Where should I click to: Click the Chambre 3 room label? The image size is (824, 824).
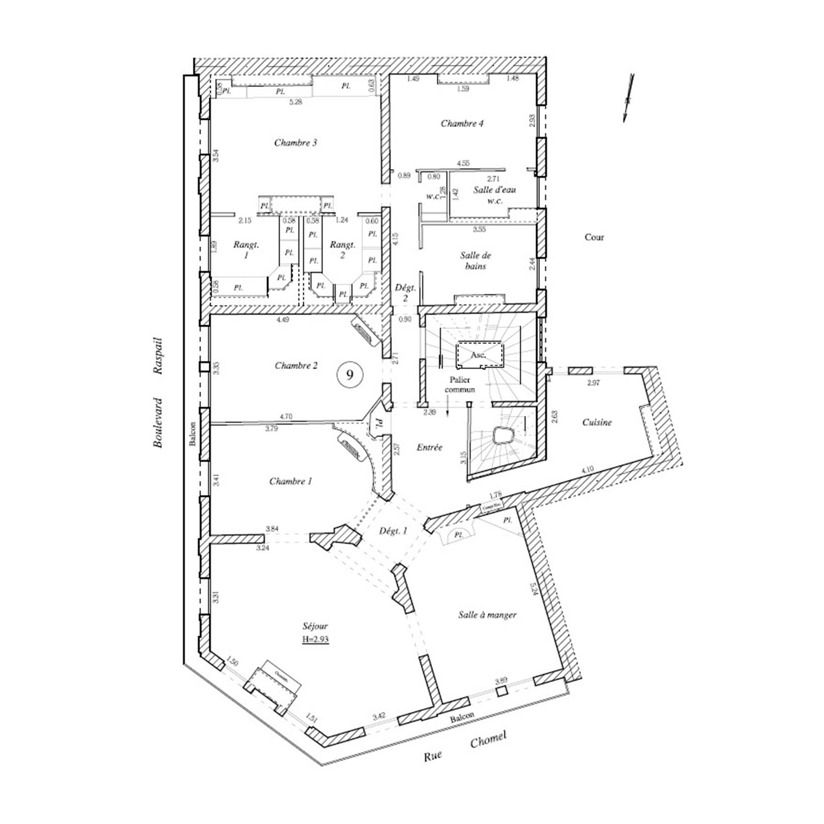pos(296,143)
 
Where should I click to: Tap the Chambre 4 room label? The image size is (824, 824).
pos(462,124)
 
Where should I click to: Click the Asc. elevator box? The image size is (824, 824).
pos(477,355)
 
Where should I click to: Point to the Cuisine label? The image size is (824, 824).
pos(597,422)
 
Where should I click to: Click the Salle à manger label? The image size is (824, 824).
pos(487,615)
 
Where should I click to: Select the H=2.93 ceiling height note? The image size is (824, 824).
pos(315,639)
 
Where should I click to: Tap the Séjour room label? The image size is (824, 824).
pos(315,626)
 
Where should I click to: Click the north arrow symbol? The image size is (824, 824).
pos(628,98)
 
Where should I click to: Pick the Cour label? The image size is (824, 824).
pos(594,237)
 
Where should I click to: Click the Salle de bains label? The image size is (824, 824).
pos(476,261)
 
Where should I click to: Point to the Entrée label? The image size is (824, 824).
pos(429,448)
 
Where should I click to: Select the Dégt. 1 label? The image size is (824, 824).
pos(393,531)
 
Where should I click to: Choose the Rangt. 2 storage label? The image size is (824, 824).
pos(342,250)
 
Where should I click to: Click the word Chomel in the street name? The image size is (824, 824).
pos(487,741)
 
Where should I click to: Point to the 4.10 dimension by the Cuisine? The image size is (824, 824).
pos(587,470)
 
